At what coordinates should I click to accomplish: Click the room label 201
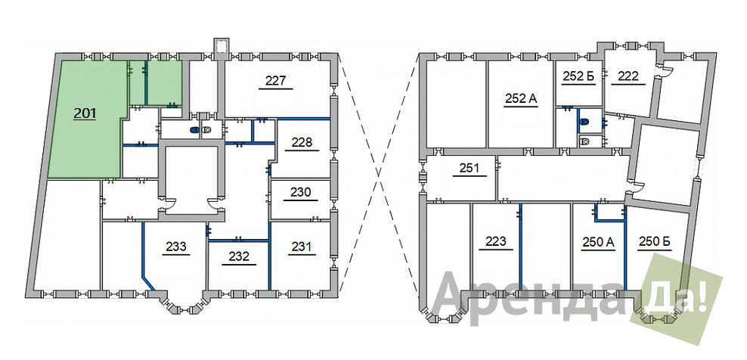point(85,113)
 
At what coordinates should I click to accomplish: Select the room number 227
point(275,81)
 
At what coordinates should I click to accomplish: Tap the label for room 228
point(302,142)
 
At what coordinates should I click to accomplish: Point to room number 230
point(301,193)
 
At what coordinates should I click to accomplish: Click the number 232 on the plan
point(239,256)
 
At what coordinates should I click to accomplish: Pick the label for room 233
point(176,247)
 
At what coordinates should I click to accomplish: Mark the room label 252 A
point(521,99)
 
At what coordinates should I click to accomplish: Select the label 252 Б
point(579,76)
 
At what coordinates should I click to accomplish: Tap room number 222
point(628,76)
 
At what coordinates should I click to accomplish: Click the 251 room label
point(470,168)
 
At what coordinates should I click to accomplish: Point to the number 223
point(496,241)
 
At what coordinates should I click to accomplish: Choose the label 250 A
point(598,242)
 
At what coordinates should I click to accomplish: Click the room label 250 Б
point(655,242)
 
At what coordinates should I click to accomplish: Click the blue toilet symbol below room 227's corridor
point(194,129)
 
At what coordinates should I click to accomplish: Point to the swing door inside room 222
point(665,70)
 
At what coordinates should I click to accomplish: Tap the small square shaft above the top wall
point(222,46)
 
